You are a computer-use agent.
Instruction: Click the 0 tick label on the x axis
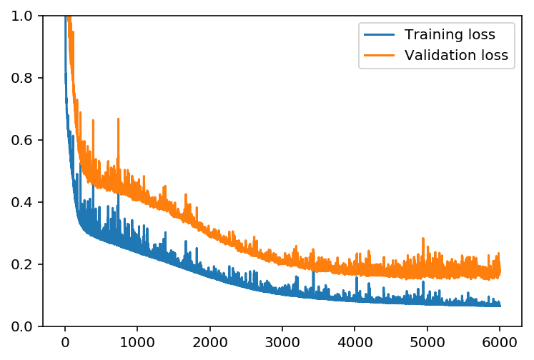(65, 341)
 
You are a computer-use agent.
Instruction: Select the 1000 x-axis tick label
(137, 341)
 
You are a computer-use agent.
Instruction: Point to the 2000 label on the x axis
(210, 341)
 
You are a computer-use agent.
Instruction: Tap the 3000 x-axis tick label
(282, 341)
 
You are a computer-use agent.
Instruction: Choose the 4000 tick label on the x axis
(355, 341)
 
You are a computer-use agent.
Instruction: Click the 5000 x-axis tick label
(427, 341)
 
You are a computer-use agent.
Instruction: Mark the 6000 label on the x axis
(500, 341)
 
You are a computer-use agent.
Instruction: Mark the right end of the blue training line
(500, 306)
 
